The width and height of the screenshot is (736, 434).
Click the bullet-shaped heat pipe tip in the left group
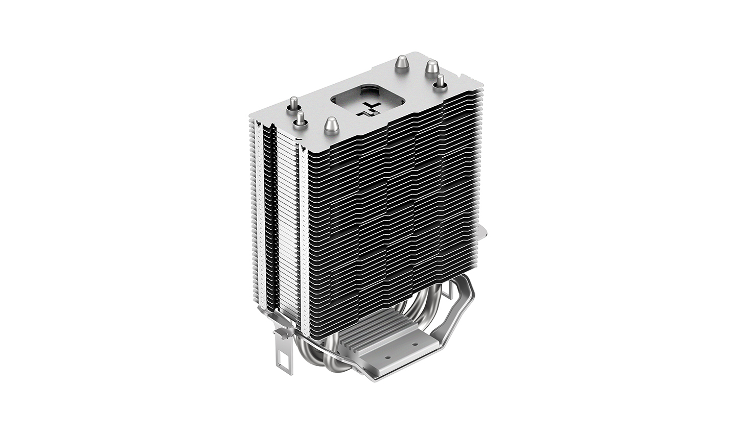(x=331, y=124)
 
